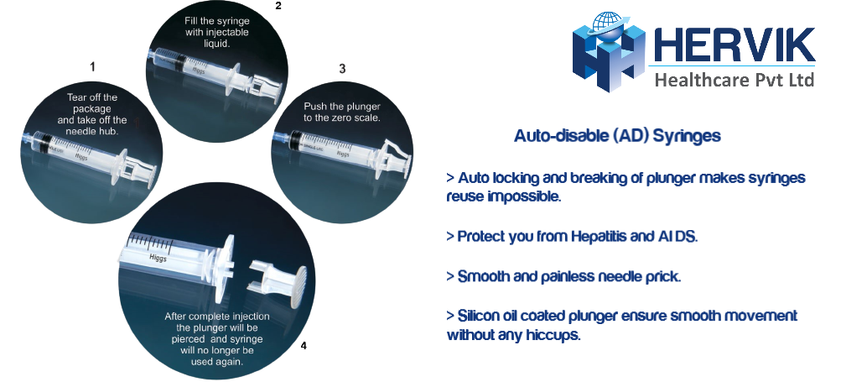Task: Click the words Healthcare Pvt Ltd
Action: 735,80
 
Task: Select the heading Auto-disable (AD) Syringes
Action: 617,135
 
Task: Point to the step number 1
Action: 93,67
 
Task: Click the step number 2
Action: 278,6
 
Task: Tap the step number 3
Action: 342,69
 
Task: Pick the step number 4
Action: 304,346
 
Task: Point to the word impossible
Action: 524,197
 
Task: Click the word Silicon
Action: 480,316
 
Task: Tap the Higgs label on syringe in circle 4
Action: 158,258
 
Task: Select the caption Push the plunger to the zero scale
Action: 342,112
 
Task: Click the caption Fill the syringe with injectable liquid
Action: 216,32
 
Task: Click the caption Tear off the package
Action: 92,103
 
